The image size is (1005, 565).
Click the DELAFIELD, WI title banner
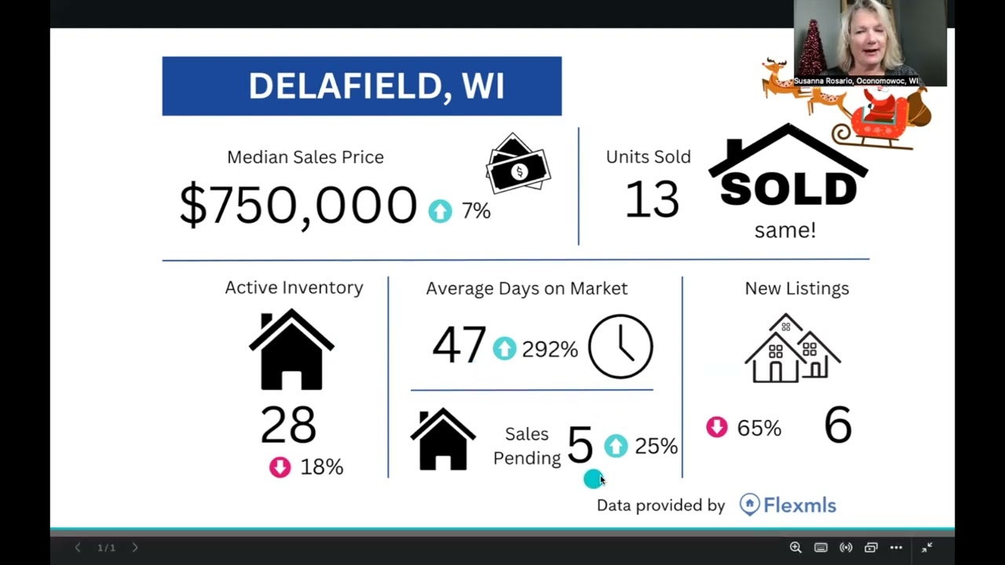(361, 86)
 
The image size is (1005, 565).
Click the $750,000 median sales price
(298, 206)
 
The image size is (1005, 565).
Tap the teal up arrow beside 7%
(440, 211)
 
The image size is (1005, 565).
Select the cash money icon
(517, 166)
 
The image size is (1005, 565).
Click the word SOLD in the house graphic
(788, 189)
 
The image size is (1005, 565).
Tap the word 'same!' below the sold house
(784, 231)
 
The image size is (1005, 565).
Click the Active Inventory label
(294, 288)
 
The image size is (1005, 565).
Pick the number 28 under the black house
(288, 425)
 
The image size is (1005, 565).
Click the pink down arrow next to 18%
(280, 468)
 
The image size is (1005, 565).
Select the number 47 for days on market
(459, 345)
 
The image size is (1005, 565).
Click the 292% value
(550, 350)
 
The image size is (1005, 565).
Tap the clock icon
(620, 347)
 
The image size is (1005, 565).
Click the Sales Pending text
(527, 446)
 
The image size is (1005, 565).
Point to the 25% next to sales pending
(656, 447)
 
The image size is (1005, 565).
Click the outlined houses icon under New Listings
(792, 349)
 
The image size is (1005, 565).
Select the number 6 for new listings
(837, 425)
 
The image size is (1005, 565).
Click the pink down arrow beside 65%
(716, 428)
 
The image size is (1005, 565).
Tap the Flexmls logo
(788, 505)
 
